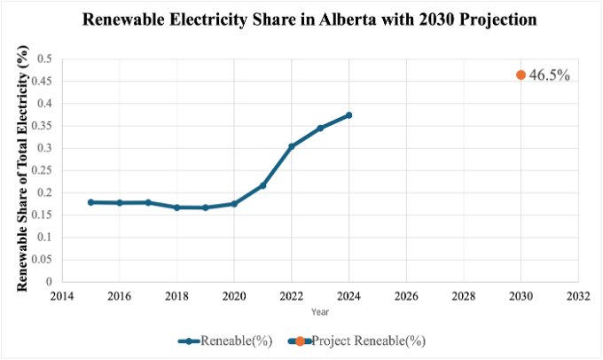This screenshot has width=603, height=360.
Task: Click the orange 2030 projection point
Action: (x=521, y=75)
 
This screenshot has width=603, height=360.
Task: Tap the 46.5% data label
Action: (x=549, y=75)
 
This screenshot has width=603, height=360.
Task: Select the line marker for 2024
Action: (x=349, y=115)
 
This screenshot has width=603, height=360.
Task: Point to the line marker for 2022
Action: (x=292, y=146)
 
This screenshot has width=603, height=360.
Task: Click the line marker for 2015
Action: (x=90, y=202)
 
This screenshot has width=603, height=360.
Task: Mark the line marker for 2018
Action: (x=176, y=207)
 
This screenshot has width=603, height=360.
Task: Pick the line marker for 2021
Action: (x=263, y=185)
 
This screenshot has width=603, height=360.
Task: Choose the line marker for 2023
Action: (x=320, y=128)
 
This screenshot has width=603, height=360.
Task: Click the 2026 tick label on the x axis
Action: (x=406, y=296)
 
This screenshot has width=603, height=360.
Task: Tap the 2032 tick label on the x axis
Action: (x=578, y=296)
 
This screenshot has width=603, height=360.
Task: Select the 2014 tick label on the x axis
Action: (x=61, y=296)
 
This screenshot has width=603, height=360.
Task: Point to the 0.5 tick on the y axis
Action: (x=44, y=59)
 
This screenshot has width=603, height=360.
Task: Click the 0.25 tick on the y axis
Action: (x=42, y=170)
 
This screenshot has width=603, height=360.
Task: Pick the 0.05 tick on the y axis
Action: (x=42, y=260)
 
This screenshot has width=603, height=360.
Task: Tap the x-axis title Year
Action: (x=320, y=312)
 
